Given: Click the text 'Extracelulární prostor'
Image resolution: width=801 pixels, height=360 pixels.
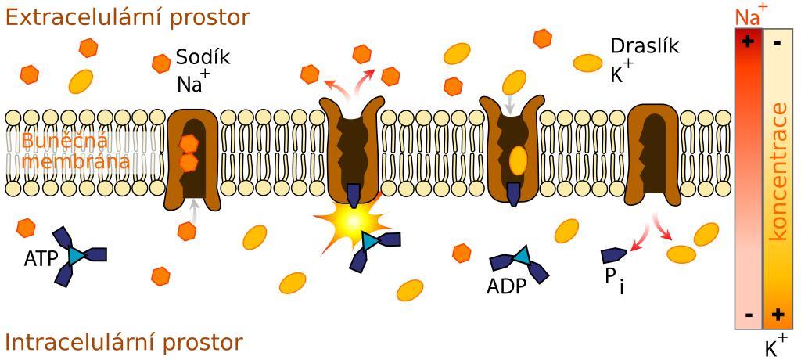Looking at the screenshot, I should click(x=128, y=17).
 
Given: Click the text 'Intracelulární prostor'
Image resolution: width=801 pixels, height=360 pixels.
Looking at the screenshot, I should click(x=124, y=343).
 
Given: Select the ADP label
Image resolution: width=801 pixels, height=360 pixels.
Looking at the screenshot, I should click(x=506, y=286).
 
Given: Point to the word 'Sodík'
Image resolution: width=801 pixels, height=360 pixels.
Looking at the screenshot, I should click(x=203, y=58).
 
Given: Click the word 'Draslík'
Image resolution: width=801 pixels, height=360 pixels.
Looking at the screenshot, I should click(x=645, y=46).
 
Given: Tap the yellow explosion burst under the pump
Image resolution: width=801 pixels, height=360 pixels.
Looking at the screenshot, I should click(x=351, y=223).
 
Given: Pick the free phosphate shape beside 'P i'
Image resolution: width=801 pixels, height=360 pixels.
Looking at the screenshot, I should click(x=612, y=254).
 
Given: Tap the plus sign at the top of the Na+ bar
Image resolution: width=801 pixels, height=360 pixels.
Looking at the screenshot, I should click(x=749, y=41).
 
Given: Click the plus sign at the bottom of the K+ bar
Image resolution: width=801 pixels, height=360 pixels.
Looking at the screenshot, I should click(x=778, y=315).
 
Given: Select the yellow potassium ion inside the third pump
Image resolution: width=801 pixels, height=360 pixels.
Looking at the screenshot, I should click(x=518, y=160).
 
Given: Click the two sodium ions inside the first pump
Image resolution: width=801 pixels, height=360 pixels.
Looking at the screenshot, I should click(x=189, y=153).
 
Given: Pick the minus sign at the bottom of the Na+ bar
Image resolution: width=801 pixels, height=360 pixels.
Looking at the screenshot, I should click(x=749, y=315).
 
